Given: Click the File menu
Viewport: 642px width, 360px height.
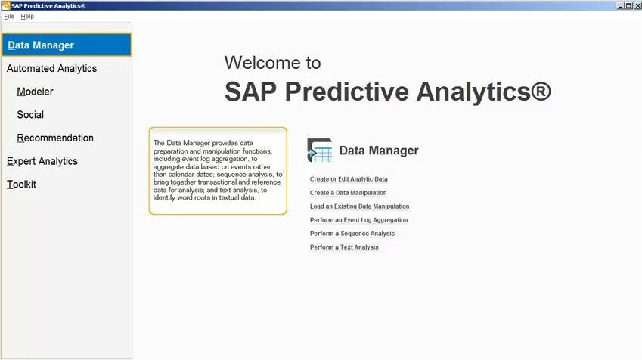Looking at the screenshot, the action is pos(9,17).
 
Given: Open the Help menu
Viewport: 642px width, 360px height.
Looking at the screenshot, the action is pos(27,17).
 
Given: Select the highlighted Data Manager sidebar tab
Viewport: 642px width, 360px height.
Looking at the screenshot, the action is pos(67,45).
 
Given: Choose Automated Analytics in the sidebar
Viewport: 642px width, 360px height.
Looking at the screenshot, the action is pos(51,68).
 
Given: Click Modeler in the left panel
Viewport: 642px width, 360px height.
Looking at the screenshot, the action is pos(35,92).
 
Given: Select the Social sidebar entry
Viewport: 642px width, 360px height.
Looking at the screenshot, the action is pos(30,115).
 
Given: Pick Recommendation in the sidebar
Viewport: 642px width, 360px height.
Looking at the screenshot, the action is pos(55,138).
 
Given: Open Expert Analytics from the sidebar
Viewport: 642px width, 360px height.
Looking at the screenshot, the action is pos(42,161).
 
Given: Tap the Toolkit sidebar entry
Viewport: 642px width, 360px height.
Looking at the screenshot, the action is pos(21,185).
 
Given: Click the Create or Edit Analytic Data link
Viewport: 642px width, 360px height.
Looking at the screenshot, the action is pos(349,179).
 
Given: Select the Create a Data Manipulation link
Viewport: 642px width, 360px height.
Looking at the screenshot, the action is pos(348,193).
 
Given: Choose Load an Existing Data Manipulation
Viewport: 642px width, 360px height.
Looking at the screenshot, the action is pos(359,206).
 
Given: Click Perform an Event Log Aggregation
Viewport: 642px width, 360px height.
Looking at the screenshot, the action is pos(358,220).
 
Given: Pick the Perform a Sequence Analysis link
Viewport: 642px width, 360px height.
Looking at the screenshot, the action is pos(352,234).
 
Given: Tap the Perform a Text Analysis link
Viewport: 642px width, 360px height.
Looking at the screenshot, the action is pos(344,247).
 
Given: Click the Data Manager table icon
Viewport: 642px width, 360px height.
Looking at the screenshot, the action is pos(320,151).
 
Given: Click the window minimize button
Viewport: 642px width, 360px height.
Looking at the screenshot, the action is pos(620,6).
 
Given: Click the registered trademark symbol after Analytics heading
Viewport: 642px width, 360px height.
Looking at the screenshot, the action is pos(541,91).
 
